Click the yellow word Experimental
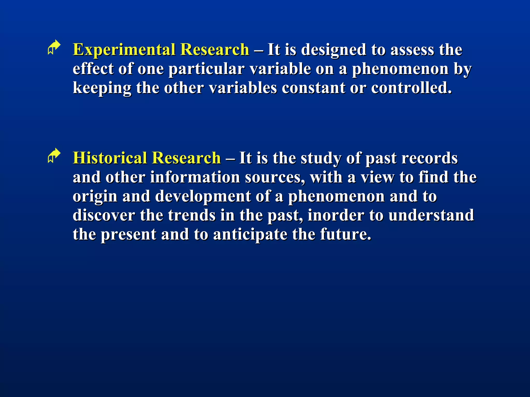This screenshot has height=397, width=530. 124,50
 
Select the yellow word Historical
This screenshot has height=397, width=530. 110,158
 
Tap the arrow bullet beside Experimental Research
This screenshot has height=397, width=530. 54,47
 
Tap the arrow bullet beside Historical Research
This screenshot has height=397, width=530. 54,156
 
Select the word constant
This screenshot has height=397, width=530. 313,88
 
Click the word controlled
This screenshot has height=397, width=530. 411,88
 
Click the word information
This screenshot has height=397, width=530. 195,177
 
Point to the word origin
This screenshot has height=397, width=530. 95,197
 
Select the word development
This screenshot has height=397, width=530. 203,197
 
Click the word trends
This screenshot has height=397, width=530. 192,215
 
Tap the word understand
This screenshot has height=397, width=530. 431,215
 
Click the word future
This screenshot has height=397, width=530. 346,234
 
